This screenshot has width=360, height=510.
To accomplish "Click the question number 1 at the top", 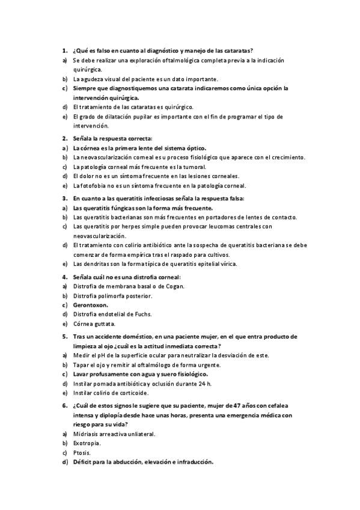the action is click(64, 51).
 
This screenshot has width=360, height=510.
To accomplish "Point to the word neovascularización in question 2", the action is click(108, 157).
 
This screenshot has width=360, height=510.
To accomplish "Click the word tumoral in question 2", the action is click(194, 167).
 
